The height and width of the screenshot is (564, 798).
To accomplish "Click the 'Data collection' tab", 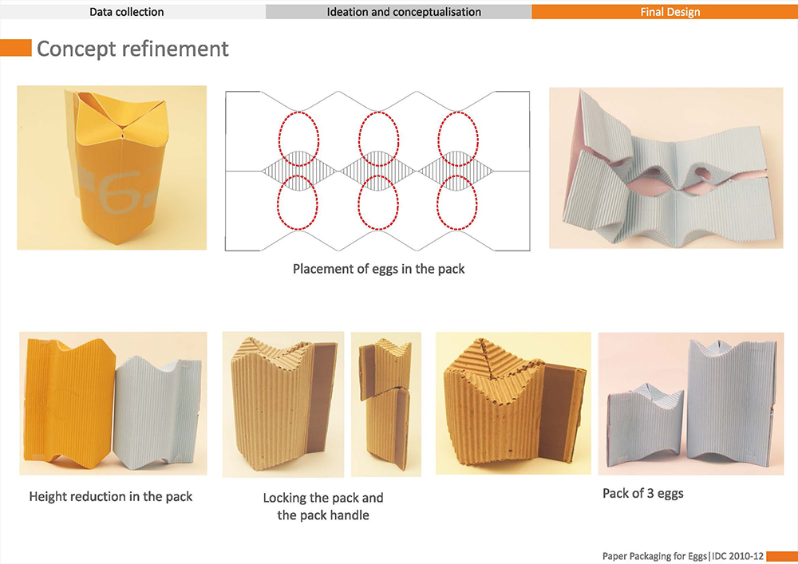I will [127, 12].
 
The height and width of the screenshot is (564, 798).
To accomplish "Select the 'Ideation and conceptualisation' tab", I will [404, 12].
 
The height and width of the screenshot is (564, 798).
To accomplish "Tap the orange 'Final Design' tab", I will [670, 12].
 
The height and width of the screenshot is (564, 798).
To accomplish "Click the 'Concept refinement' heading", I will [132, 49].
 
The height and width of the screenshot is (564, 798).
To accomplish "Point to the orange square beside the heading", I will [15, 49].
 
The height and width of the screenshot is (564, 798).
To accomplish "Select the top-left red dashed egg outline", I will [297, 136].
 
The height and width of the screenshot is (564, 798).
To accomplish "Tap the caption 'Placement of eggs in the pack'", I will [378, 269].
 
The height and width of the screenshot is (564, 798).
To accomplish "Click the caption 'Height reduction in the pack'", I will [111, 496].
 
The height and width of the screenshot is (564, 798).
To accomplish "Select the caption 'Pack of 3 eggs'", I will [642, 493].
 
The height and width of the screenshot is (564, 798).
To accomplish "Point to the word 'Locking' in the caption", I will [285, 498].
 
